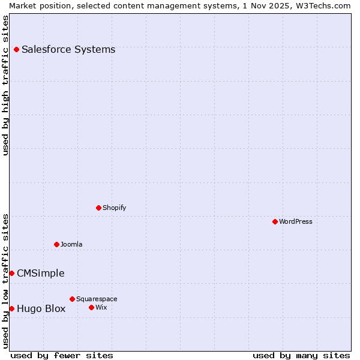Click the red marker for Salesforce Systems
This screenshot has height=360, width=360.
(x=16, y=49)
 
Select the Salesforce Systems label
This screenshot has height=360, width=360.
(x=68, y=49)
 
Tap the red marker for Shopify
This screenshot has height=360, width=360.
(x=98, y=208)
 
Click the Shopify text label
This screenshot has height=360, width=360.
(x=114, y=208)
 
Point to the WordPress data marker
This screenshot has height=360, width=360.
(x=275, y=221)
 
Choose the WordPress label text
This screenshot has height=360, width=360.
(x=296, y=221)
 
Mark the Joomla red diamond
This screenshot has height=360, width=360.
(x=56, y=244)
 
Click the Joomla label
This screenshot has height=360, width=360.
(x=71, y=244)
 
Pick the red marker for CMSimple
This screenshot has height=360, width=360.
(x=11, y=273)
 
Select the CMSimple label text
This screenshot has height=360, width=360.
(x=41, y=274)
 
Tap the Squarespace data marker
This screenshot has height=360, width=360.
(x=72, y=299)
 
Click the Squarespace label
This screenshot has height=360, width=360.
(x=97, y=299)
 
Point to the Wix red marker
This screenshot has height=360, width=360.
(x=91, y=307)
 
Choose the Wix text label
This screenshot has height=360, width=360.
(x=101, y=307)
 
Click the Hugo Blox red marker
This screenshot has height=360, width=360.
(x=11, y=308)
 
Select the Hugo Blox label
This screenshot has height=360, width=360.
(x=41, y=309)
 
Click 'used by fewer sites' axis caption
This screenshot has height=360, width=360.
(x=62, y=355)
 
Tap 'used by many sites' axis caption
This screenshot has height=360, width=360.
(x=301, y=355)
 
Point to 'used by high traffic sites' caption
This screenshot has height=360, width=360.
(x=5, y=85)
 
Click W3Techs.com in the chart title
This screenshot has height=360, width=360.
(x=320, y=5)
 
